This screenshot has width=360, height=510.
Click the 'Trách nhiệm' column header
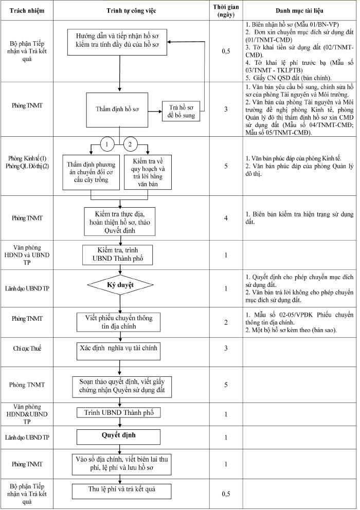[x=27, y=10]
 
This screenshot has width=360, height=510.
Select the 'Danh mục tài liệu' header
[x=299, y=10]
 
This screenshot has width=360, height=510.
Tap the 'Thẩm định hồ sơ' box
[x=117, y=110]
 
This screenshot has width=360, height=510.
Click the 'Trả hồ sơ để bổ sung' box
[x=182, y=111]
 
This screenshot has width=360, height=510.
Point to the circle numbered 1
[x=107, y=144]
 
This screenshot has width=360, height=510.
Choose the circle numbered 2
[x=131, y=144]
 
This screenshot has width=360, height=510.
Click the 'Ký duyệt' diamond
[x=120, y=285]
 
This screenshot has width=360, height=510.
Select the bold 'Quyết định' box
[x=118, y=437]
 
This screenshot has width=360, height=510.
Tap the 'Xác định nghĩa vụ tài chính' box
[x=118, y=351]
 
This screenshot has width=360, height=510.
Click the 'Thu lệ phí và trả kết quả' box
[x=121, y=491]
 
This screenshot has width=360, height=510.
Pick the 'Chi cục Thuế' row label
[x=27, y=349]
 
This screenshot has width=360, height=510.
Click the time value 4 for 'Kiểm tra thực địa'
[x=226, y=218]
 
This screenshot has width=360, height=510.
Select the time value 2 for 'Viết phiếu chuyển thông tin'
[x=226, y=322]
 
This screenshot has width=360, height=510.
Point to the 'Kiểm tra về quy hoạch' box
[x=148, y=172]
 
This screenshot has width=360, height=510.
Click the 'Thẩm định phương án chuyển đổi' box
[x=91, y=172]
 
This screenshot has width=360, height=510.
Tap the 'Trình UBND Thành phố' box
[x=119, y=413]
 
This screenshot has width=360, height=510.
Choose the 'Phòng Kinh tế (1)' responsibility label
[x=27, y=158]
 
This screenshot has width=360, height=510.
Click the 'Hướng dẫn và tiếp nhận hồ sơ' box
[x=117, y=42]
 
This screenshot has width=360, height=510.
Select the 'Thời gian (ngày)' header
[x=226, y=11]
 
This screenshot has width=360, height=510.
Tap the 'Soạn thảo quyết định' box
[x=122, y=387]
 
